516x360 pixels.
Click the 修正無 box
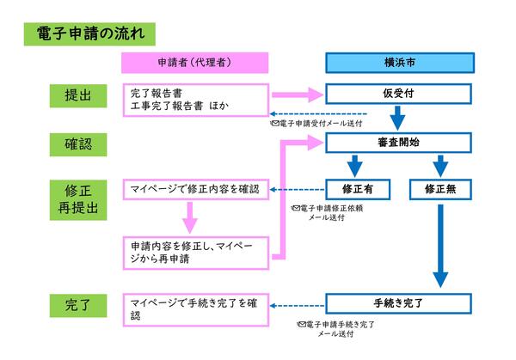point(440,188)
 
